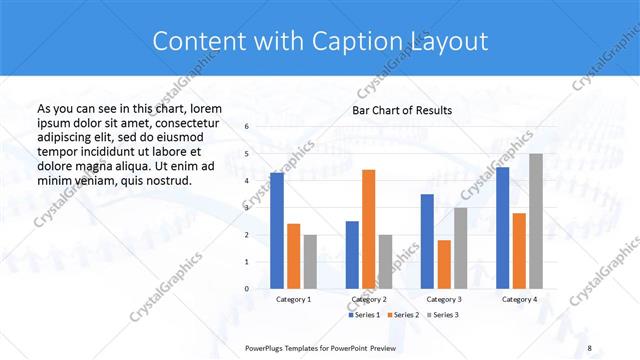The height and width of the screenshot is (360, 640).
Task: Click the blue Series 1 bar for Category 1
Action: pyautogui.click(x=277, y=231)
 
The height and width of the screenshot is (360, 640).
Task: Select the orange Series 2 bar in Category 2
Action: pyautogui.click(x=368, y=229)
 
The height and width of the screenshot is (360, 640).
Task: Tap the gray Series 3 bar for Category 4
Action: pyautogui.click(x=536, y=221)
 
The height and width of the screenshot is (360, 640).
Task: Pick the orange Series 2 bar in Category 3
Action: pyautogui.click(x=444, y=264)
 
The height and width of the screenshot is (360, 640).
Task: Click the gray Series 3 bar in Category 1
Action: pyautogui.click(x=309, y=262)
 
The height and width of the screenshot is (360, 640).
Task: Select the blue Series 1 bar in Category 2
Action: pyautogui.click(x=352, y=255)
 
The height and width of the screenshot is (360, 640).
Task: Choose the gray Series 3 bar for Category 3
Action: pyautogui.click(x=460, y=248)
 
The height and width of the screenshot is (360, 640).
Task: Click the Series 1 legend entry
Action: pyautogui.click(x=364, y=315)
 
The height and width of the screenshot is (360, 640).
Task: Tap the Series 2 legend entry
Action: pyautogui.click(x=403, y=315)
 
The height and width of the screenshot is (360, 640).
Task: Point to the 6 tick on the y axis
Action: pyautogui.click(x=248, y=127)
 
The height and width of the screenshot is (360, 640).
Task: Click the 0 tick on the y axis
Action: pyautogui.click(x=248, y=289)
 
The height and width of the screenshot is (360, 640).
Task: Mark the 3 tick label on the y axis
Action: pyautogui.click(x=248, y=208)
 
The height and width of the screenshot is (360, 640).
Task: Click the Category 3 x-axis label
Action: pyautogui.click(x=444, y=299)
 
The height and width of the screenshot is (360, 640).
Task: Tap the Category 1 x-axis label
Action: pyautogui.click(x=293, y=299)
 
